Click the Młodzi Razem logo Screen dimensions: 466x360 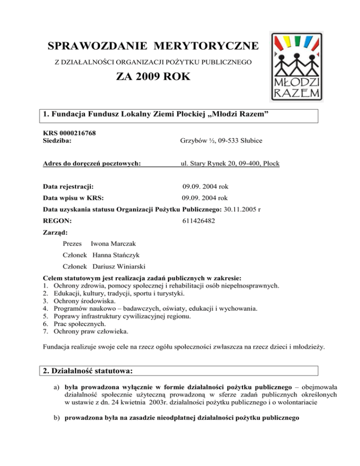click(x=296, y=67)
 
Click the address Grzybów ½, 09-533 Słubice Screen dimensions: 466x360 click(x=222, y=141)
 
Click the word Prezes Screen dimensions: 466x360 click(x=72, y=244)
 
